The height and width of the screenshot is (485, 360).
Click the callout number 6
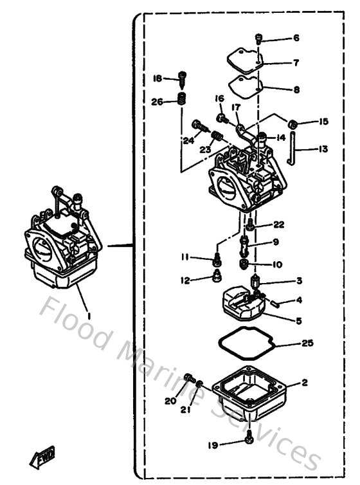click(x=296, y=38)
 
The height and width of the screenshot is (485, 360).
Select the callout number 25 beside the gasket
click(x=307, y=343)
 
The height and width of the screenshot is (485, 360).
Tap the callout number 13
click(x=323, y=149)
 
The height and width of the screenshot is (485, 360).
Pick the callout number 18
click(x=157, y=78)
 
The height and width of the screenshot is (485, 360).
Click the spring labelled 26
click(x=181, y=100)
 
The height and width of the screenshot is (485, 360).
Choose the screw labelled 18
click(x=182, y=78)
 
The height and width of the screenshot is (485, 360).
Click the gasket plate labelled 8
click(x=246, y=86)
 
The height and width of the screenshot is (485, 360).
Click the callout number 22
click(x=278, y=224)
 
